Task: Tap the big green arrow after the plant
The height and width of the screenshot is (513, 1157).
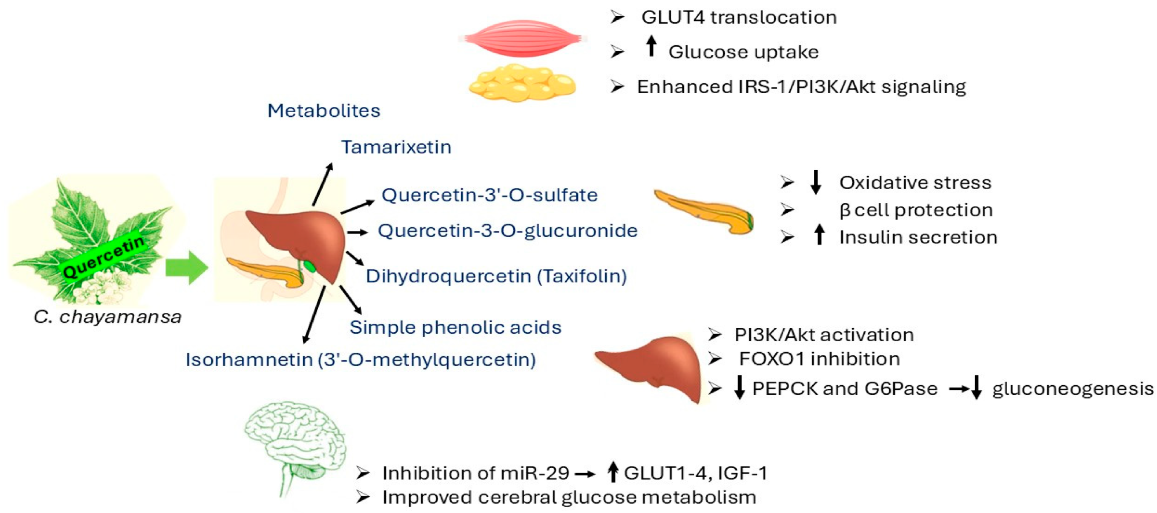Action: coord(186,268)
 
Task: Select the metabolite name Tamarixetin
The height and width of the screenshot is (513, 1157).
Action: coord(396,147)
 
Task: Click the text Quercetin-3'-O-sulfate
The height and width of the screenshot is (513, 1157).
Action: coord(489,195)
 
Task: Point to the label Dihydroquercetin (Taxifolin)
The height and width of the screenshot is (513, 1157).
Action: coord(496,276)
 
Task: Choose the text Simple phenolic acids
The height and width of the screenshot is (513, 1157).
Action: coord(455,327)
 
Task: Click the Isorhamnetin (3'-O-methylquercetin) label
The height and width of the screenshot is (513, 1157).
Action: coord(360,360)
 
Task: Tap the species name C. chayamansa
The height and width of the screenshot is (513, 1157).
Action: coord(108,317)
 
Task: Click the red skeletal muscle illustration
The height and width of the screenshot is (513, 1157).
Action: coord(523,38)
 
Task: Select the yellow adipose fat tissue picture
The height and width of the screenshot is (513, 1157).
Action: coord(522,84)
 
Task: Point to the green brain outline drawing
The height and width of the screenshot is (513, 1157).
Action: coord(295,445)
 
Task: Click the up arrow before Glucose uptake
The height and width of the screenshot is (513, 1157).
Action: coord(651,46)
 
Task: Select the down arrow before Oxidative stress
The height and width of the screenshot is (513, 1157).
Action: coord(816,182)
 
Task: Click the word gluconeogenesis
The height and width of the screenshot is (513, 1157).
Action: coord(1073,389)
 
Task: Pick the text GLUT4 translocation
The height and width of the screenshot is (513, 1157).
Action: coord(739,17)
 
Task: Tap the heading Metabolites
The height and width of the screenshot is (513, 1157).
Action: coord(324,110)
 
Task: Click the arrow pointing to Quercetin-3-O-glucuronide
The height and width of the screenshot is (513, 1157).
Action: coord(358,232)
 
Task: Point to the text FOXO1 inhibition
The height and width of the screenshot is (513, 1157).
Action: coord(819,359)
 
